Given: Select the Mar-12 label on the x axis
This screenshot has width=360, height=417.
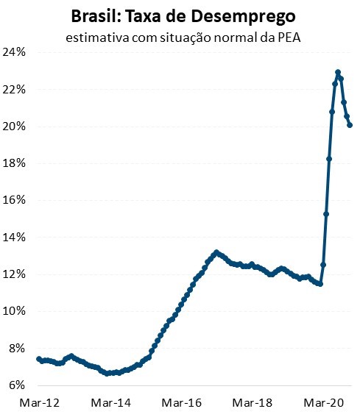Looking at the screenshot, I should tap(38, 403).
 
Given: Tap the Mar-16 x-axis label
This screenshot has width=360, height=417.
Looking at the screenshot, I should tap(181, 403).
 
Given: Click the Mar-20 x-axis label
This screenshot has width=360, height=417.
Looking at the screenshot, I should tap(325, 403).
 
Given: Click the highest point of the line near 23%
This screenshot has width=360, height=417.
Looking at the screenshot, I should tap(338, 72).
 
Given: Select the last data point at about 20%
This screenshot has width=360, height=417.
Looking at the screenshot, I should tap(350, 125).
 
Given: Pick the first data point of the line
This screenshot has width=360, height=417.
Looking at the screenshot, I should tap(38, 359).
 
